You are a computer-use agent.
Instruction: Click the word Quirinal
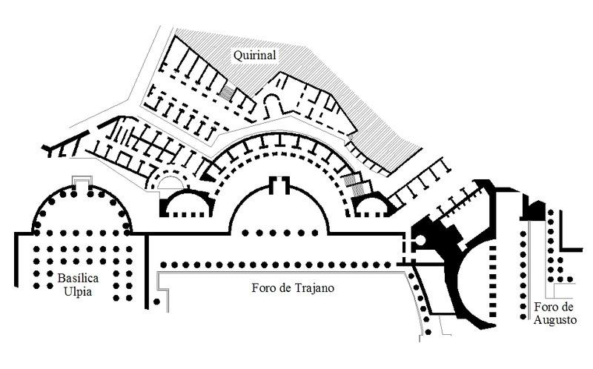point(254,54)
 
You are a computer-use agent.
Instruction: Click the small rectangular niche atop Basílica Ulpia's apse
point(82,181)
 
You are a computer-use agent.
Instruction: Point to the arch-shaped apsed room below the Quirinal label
point(272,104)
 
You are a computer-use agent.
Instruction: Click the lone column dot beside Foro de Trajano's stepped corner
point(156,302)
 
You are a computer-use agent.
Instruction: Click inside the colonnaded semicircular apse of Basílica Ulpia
point(82,215)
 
